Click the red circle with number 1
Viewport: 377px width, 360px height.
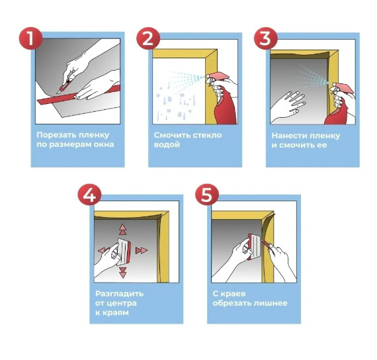pyautogui.click(x=31, y=38)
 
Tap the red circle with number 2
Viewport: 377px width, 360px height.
pyautogui.click(x=148, y=38)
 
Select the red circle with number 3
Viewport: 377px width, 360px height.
pyautogui.click(x=266, y=38)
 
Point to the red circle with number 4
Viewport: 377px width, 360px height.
pyautogui.click(x=89, y=195)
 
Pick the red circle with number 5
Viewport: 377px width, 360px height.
pyautogui.click(x=207, y=195)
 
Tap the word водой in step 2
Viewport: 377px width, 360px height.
pyautogui.click(x=167, y=145)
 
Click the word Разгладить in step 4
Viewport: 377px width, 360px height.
pyautogui.click(x=119, y=294)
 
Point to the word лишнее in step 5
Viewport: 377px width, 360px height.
pyautogui.click(x=270, y=303)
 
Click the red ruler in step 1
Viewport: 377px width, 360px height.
pyautogui.click(x=79, y=95)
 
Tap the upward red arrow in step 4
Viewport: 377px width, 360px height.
pyautogui.click(x=122, y=230)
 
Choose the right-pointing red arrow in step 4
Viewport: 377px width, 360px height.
pyautogui.click(x=141, y=251)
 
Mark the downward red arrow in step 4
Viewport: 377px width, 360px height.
pyautogui.click(x=123, y=273)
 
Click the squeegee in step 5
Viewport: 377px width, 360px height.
pyautogui.click(x=255, y=247)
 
